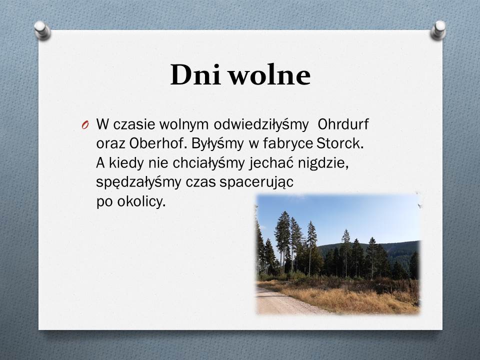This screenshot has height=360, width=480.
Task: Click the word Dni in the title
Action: pyautogui.click(x=195, y=74)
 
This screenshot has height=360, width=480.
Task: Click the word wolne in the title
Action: pyautogui.click(x=270, y=74)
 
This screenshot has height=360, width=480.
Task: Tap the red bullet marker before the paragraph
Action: pyautogui.click(x=85, y=125)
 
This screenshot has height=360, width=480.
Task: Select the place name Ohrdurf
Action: pyautogui.click(x=343, y=124)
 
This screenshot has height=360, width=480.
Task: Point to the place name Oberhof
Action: pyautogui.click(x=156, y=143)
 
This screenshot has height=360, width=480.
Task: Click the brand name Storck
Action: pyautogui.click(x=340, y=143)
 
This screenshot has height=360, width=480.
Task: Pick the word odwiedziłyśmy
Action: pyautogui.click(x=261, y=125)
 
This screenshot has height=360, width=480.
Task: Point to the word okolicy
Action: pyautogui.click(x=141, y=202)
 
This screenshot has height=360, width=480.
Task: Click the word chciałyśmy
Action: pyautogui.click(x=208, y=163)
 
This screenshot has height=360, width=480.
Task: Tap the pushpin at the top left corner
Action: pyautogui.click(x=42, y=30)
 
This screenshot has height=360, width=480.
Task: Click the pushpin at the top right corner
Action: pyautogui.click(x=438, y=30)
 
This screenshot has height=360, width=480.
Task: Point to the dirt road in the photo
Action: pyautogui.click(x=284, y=302)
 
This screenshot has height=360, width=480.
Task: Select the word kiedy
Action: pyautogui.click(x=126, y=163)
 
